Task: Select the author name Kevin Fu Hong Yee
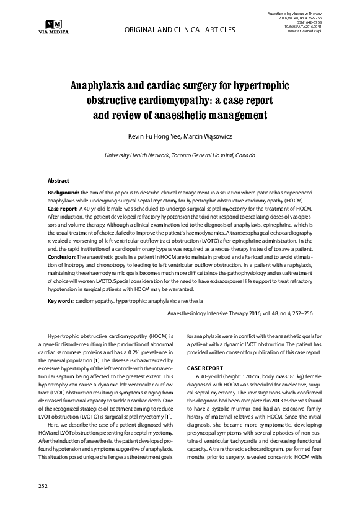(150, 134)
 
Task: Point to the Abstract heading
(59, 180)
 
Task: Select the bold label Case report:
(64, 210)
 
